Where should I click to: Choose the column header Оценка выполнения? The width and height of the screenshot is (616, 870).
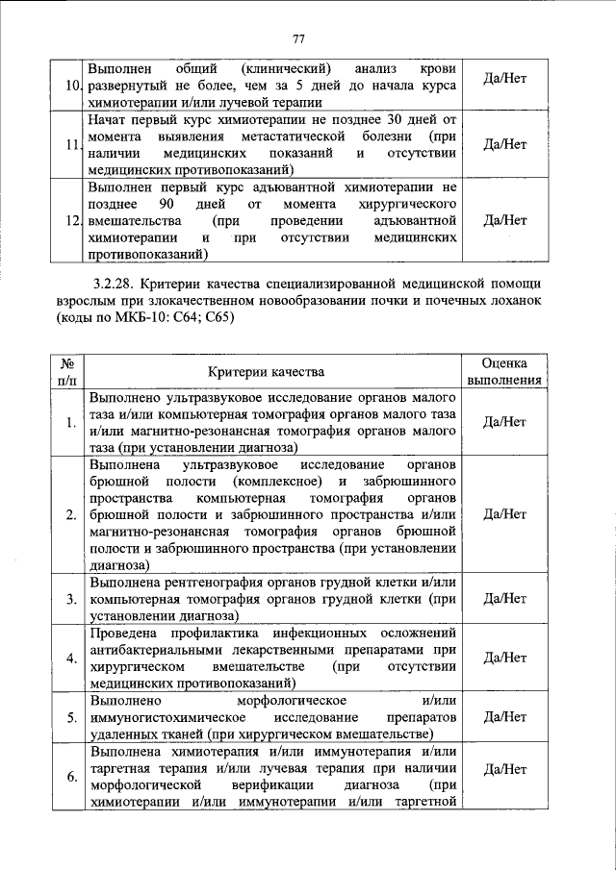[x=505, y=372]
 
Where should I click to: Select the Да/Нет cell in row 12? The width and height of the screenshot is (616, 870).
[x=505, y=220]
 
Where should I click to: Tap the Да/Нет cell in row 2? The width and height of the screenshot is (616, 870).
[x=505, y=514]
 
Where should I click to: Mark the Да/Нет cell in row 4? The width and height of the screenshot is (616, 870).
[x=505, y=658]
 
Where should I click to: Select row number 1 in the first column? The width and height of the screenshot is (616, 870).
[x=72, y=422]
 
